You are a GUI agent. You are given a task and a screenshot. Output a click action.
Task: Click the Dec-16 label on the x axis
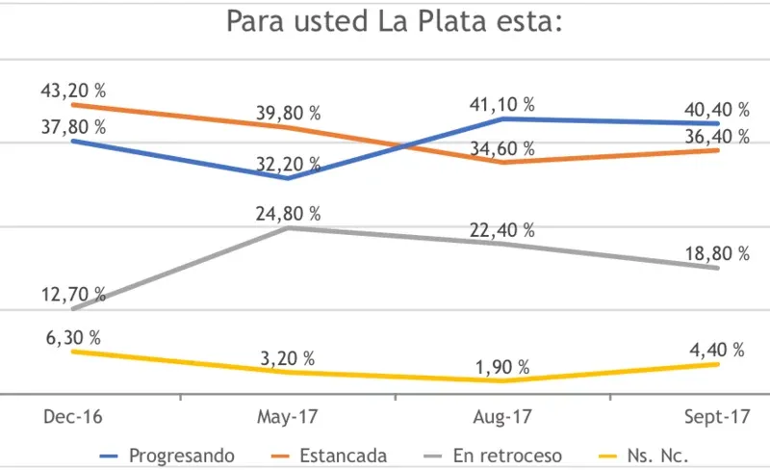[x=73, y=416]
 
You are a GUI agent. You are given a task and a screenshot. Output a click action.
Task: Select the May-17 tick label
[x=288, y=416]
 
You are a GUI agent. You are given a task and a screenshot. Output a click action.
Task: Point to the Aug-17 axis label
[x=502, y=416]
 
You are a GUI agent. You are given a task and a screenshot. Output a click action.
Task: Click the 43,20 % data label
[x=73, y=91]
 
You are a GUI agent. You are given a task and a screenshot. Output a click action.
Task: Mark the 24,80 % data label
[x=288, y=213]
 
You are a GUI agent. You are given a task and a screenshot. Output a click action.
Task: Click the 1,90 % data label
[x=502, y=367]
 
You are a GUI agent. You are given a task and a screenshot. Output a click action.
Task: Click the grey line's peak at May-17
[x=288, y=228]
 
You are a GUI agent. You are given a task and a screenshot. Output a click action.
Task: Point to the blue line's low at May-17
[x=288, y=178]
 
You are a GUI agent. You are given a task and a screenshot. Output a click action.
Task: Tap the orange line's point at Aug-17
[x=502, y=163]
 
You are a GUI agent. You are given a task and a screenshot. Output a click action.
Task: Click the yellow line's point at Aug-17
[x=502, y=381]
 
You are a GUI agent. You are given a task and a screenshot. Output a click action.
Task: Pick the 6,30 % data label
[x=73, y=336]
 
